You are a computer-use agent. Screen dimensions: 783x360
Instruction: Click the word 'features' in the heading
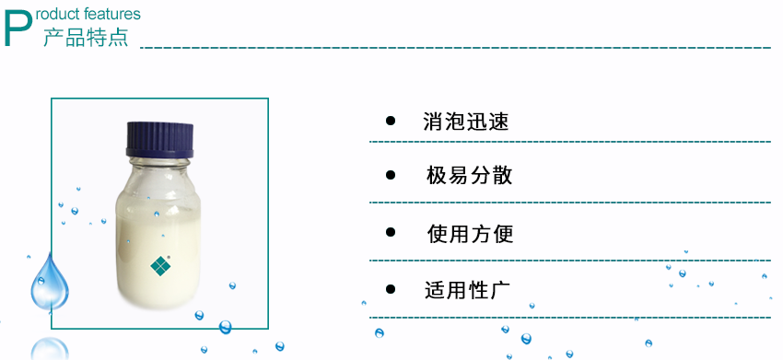tap(111, 14)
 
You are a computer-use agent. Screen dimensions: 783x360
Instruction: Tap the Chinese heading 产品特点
tap(86, 38)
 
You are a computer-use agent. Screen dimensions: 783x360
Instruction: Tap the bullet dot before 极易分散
tap(391, 176)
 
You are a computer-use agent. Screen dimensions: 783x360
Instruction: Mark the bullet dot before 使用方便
tap(391, 234)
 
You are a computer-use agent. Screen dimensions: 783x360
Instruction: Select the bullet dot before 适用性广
tap(391, 290)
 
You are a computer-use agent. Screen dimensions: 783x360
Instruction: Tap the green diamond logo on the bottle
tap(161, 265)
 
